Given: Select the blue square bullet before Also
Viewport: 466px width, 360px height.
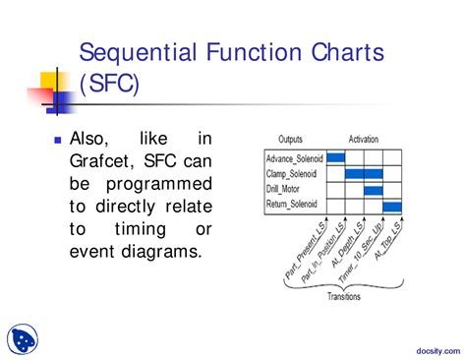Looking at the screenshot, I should click(58, 142).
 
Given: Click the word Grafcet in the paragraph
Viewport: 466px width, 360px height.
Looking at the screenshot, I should click(108, 161).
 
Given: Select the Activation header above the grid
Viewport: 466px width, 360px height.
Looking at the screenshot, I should click(363, 140).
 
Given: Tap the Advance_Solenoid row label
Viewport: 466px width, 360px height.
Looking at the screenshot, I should click(294, 157).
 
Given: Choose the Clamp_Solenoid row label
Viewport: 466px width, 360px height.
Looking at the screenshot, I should click(294, 174).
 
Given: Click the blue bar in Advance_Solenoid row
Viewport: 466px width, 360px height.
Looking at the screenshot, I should click(335, 157).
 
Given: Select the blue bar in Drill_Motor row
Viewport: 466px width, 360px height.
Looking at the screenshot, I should click(374, 190).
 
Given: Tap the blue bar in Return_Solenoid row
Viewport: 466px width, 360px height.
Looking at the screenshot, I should click(392, 206).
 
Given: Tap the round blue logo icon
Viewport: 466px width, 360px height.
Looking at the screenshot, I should click(23, 338).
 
